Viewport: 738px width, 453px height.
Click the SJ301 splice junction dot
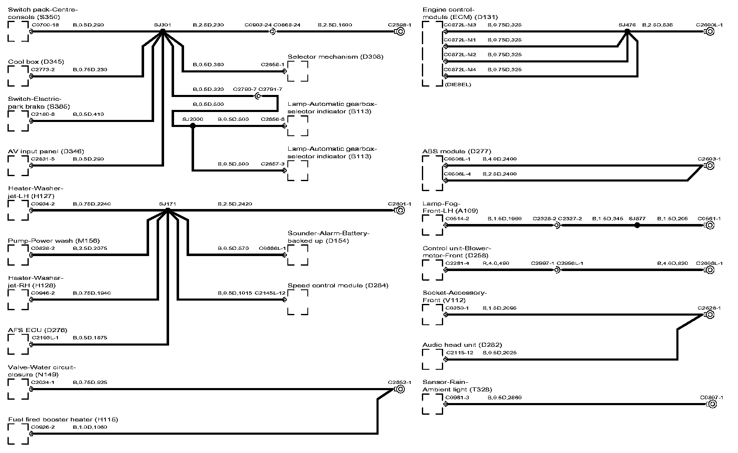[x=163, y=31]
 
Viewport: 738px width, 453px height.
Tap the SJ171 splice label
[x=167, y=204]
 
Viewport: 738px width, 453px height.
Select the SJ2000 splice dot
[x=192, y=125]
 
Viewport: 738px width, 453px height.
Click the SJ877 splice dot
[x=637, y=225]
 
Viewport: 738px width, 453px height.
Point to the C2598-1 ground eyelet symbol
[x=400, y=32]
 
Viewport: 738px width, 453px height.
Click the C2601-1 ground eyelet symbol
[x=400, y=210]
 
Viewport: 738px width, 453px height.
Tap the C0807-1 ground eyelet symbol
[x=710, y=404]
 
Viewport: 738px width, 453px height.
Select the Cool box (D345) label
[x=36, y=62]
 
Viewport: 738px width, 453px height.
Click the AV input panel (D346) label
[x=46, y=152]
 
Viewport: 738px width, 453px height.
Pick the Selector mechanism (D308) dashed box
[x=298, y=71]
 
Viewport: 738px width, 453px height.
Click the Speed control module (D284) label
[x=338, y=286]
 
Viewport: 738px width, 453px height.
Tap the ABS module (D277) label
[x=456, y=152]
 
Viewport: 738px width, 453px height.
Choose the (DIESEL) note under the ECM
[x=458, y=85]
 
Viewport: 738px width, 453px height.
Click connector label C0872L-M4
[x=460, y=70]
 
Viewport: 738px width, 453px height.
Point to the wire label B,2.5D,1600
[x=334, y=25]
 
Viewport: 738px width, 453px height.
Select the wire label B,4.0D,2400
[x=499, y=159]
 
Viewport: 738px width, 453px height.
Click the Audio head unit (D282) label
[x=462, y=345]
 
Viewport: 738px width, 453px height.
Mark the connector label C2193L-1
[x=45, y=338]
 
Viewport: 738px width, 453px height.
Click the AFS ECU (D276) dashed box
[x=18, y=344]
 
